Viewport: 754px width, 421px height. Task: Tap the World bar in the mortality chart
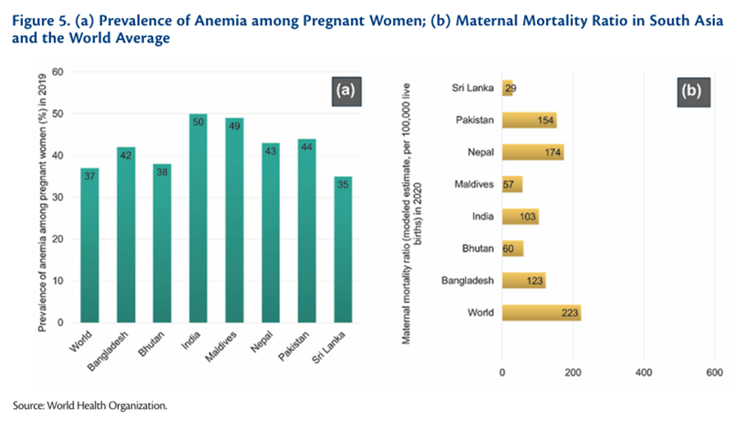click(x=541, y=312)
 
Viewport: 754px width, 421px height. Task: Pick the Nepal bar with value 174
click(x=533, y=152)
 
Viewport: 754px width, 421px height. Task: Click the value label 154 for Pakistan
click(x=544, y=120)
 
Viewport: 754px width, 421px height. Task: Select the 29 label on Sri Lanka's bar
click(x=509, y=88)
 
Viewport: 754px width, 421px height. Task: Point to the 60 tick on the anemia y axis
click(x=57, y=72)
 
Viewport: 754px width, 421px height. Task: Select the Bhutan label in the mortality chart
click(x=475, y=248)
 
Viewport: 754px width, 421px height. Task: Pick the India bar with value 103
click(x=520, y=216)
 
